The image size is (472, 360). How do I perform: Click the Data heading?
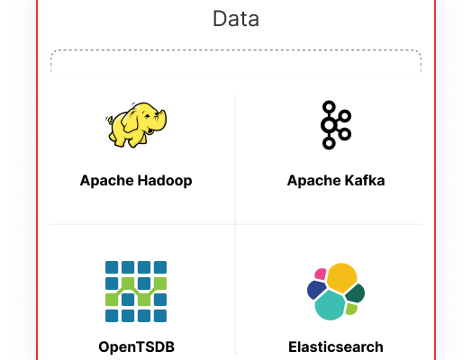click(x=236, y=19)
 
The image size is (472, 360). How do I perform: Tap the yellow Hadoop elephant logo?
click(x=136, y=125)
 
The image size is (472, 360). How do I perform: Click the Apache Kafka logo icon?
click(x=336, y=125)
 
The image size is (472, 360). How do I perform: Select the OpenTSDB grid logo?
click(x=136, y=292)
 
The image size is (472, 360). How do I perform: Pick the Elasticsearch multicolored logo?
click(x=336, y=292)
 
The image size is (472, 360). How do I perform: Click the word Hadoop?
click(x=165, y=181)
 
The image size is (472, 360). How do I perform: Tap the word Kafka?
click(x=365, y=181)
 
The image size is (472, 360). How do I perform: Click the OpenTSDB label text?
click(x=136, y=346)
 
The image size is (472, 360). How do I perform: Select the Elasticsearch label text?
click(x=336, y=346)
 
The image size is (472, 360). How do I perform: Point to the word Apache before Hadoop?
click(x=107, y=181)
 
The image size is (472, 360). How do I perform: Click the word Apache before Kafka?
click(x=314, y=181)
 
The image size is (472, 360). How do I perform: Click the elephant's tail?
click(x=110, y=121)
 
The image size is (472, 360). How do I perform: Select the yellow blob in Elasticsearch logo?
click(x=341, y=277)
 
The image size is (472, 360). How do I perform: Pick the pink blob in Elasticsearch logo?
click(x=321, y=274)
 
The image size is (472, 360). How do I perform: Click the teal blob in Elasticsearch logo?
click(x=330, y=305)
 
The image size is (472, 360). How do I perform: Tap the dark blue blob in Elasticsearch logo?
click(x=316, y=290)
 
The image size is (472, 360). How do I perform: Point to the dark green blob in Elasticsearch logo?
click(x=355, y=292)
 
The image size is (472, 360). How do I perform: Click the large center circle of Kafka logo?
click(x=329, y=125)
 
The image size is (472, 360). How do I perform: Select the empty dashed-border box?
click(x=236, y=63)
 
